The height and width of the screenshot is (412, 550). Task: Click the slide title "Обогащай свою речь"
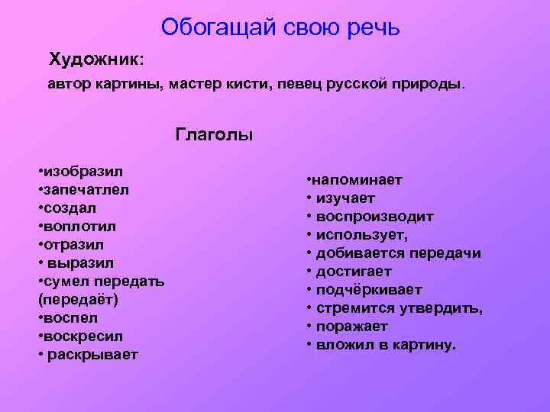point(280,28)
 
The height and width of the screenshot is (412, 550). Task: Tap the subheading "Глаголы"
point(214,135)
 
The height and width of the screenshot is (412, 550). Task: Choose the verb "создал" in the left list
point(73,208)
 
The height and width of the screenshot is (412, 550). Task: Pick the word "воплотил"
point(80,226)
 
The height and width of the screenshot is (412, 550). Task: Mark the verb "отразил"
point(76,244)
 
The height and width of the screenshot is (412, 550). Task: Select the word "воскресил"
point(82,336)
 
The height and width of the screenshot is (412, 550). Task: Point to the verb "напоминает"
point(357,180)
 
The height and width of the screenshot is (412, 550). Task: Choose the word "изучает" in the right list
point(347,198)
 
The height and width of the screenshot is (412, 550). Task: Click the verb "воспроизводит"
point(374,217)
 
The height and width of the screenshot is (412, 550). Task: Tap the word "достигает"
point(353,272)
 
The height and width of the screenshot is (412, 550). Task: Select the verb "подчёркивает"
point(368,290)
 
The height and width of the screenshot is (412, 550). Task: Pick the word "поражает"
point(351,327)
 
